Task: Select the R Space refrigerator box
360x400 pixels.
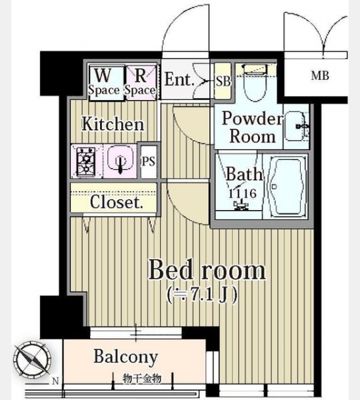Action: pyautogui.click(x=140, y=82)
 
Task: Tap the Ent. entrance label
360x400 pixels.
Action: pyautogui.click(x=179, y=79)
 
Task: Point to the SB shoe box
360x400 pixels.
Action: pyautogui.click(x=223, y=81)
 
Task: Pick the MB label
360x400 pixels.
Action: pyautogui.click(x=320, y=76)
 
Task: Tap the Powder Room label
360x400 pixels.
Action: pyautogui.click(x=252, y=127)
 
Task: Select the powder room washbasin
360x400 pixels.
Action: pyautogui.click(x=296, y=126)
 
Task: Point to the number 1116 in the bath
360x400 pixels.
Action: pyautogui.click(x=242, y=193)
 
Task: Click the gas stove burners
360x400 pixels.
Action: pyautogui.click(x=87, y=162)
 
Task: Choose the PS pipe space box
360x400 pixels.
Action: pyautogui.click(x=149, y=162)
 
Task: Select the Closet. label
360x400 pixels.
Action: pyautogui.click(x=117, y=202)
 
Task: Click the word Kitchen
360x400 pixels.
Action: pyautogui.click(x=113, y=124)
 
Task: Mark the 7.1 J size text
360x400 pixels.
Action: pyautogui.click(x=202, y=295)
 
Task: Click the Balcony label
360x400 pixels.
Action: pyautogui.click(x=125, y=357)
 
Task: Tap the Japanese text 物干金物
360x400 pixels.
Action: pyautogui.click(x=142, y=379)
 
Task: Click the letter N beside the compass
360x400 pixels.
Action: pyautogui.click(x=55, y=381)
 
